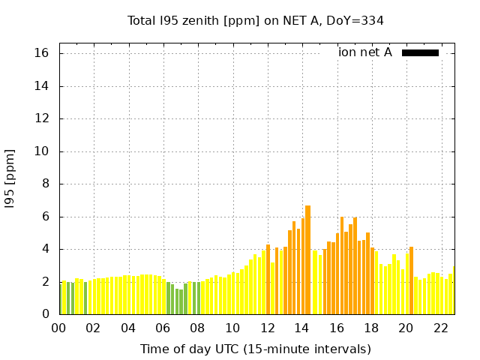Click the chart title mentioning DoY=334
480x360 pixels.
[x=255, y=20]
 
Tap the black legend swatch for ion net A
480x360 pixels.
[x=420, y=52]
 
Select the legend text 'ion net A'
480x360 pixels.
[x=364, y=52]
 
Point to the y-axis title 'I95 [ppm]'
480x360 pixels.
[x=10, y=178]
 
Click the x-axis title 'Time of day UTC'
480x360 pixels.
[x=255, y=349]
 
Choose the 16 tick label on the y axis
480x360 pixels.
[x=41, y=53]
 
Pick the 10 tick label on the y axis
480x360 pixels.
[x=41, y=151]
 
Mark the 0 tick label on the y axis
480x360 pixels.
[x=45, y=314]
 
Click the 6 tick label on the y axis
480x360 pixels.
[x=45, y=217]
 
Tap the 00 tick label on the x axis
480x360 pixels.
[x=59, y=328]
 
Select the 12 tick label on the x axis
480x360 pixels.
[x=268, y=328]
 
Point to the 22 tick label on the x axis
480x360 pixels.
[x=441, y=328]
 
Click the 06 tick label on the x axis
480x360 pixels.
[x=163, y=328]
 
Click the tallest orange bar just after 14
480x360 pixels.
[x=307, y=259]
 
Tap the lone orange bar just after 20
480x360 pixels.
[x=411, y=280]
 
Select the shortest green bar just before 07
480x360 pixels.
[x=181, y=301]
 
